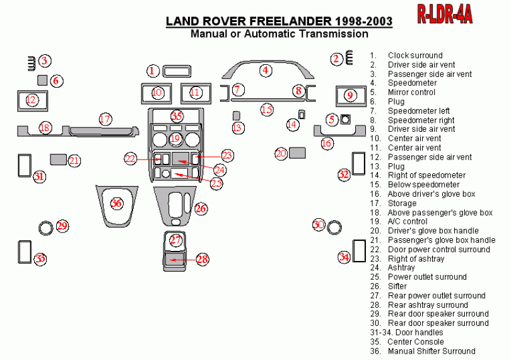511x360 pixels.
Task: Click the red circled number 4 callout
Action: tap(266, 70)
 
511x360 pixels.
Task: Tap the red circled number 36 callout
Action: tap(117, 203)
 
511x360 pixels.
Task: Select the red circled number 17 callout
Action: tap(105, 119)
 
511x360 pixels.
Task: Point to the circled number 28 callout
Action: tap(203, 259)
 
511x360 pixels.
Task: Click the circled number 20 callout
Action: tap(281, 153)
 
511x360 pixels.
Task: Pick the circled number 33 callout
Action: tap(40, 258)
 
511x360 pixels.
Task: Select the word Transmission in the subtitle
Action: tap(332, 34)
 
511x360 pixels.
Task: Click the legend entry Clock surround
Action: tap(414, 55)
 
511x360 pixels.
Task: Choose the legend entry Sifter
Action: tap(397, 286)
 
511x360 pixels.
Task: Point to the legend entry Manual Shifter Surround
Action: tap(432, 351)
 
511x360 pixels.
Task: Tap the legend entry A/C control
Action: tap(407, 221)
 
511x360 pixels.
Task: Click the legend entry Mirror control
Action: tap(411, 92)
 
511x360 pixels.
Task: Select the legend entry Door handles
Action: tap(421, 332)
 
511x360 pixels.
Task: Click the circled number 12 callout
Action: tap(32, 99)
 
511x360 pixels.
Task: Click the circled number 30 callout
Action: tap(319, 224)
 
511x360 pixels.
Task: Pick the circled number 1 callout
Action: tap(153, 71)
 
